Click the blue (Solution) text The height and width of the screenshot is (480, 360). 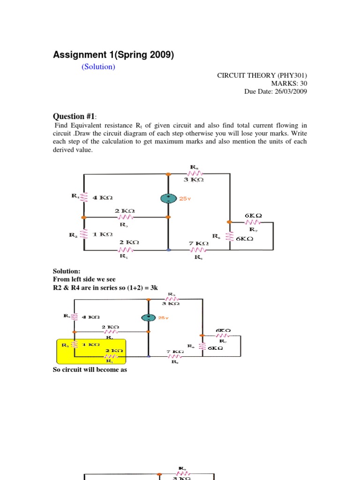[x=98, y=67]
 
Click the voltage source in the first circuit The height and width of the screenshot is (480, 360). [x=168, y=198]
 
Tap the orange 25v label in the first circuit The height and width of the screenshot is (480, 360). [x=185, y=199]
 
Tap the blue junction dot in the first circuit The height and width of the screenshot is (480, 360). [x=169, y=250]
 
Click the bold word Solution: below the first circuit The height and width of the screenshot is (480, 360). [x=67, y=271]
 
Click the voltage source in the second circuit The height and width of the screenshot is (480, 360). [x=149, y=317]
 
